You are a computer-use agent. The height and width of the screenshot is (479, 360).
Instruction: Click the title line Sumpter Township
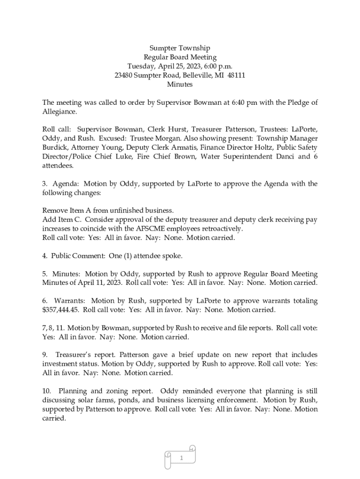[x=180, y=48]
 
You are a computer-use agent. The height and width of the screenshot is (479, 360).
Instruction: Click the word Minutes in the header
[x=180, y=85]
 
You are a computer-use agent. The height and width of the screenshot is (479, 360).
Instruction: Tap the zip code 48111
[x=236, y=75]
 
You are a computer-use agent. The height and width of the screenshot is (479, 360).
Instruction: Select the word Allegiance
[x=59, y=112]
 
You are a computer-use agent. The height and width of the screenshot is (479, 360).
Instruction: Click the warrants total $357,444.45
[x=61, y=310]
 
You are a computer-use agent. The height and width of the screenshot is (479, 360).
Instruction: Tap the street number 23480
[x=123, y=75]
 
